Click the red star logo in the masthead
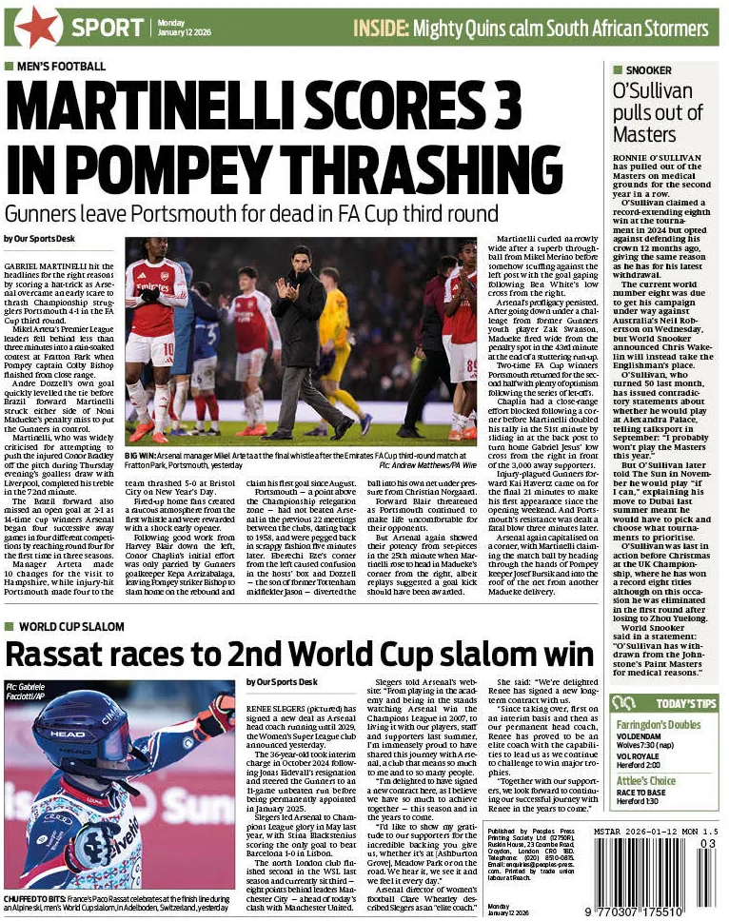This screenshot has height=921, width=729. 38,26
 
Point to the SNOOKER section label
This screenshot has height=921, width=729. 647,70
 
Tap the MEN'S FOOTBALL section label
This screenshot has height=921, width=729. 59,66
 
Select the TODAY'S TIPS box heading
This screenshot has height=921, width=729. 686,704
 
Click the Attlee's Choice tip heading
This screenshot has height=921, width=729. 647,781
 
